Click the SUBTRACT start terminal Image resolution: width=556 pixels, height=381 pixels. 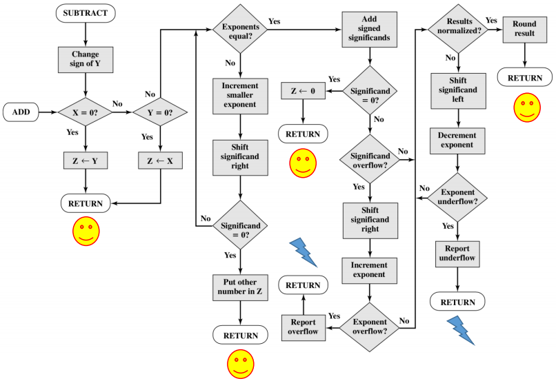click(85, 12)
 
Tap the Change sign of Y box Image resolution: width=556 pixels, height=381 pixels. click(85, 60)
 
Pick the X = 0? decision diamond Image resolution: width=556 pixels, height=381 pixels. click(85, 110)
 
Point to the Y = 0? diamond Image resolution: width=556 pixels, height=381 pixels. click(160, 110)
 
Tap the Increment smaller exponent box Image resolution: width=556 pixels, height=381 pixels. click(239, 95)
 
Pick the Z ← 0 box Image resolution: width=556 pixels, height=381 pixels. click(303, 90)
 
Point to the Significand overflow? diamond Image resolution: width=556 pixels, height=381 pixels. click(370, 159)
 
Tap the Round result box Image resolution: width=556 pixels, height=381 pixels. click(524, 29)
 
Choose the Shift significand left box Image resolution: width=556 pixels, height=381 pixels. click(457, 91)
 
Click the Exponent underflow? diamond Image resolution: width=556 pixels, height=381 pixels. click(457, 198)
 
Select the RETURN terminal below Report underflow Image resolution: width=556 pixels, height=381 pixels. click(457, 301)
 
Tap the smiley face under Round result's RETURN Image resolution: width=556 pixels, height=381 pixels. click(526, 108)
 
